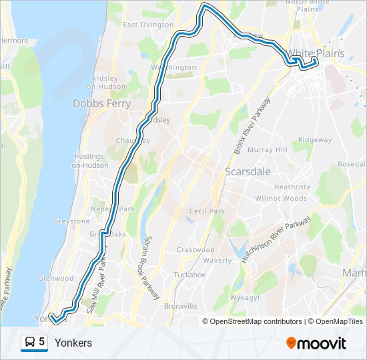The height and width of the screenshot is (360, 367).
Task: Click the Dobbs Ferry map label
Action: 96,103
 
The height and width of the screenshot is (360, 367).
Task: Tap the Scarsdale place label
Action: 248,171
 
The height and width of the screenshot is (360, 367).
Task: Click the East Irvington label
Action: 148,25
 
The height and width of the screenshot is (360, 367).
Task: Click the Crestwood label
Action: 196,250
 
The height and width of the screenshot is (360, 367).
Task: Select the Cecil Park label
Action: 207,211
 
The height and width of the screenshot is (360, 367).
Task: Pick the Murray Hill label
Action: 268,150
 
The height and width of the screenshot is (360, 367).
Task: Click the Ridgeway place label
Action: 315,140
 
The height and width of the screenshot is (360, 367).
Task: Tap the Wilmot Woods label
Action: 281,199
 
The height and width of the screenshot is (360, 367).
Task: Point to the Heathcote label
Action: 292,187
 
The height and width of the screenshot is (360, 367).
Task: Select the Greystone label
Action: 71,221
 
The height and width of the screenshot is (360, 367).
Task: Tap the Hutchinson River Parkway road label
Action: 275,240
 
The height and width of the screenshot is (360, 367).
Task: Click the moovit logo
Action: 316,343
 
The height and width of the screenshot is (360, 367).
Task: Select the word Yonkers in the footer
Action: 73,343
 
